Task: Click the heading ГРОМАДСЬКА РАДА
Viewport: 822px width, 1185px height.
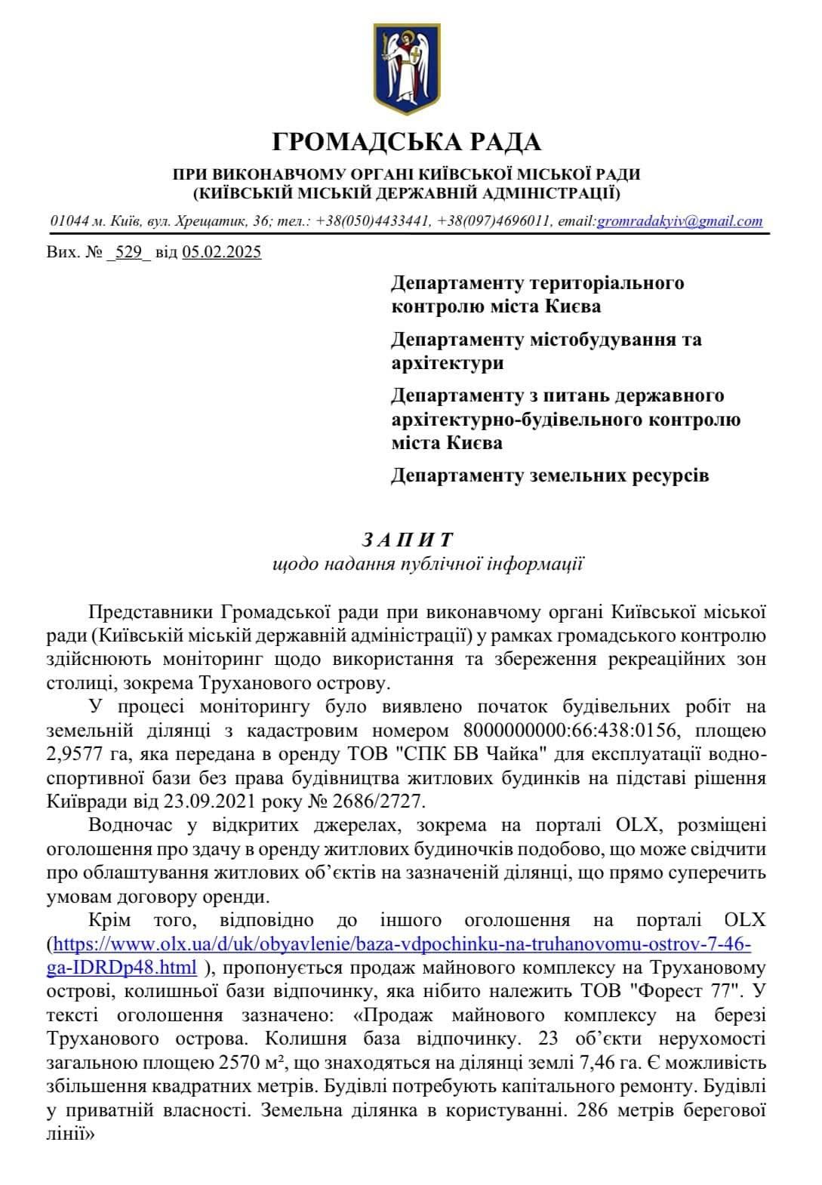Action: [x=406, y=141]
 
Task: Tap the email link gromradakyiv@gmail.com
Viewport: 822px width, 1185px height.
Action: [x=679, y=221]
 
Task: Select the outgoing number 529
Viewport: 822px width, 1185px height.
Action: [x=129, y=252]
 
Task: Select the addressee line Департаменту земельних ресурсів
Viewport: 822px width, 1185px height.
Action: [x=550, y=476]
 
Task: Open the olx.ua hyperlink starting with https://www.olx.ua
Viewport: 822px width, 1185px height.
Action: [x=400, y=943]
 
